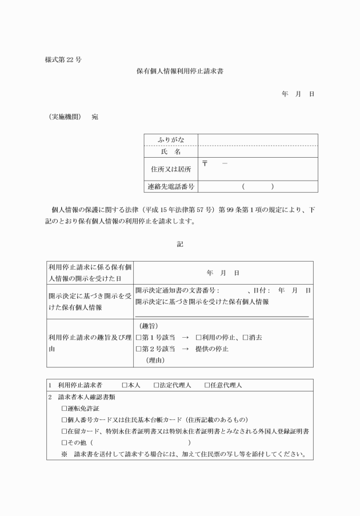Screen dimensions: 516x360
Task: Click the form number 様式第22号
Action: (62, 60)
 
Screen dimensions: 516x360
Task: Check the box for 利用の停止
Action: (198, 338)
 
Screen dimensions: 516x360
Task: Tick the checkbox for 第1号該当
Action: (138, 338)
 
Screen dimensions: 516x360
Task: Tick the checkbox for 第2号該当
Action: (138, 349)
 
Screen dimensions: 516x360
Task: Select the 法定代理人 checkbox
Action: (156, 385)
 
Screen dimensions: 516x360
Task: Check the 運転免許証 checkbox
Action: (64, 408)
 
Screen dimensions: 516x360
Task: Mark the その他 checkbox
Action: (64, 443)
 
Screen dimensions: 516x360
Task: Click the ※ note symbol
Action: (64, 455)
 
